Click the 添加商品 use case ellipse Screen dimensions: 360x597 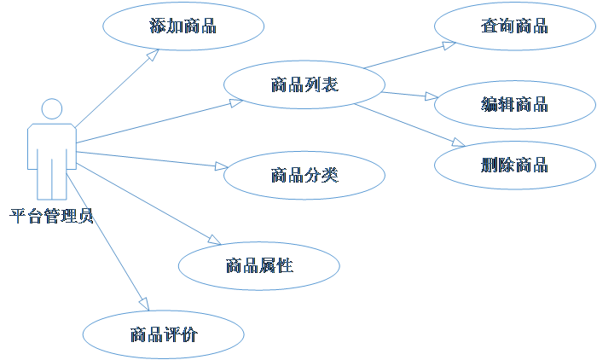click(182, 26)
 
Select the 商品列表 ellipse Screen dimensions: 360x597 click(304, 84)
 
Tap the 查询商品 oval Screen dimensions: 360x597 click(513, 26)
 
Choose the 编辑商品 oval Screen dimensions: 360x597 click(513, 105)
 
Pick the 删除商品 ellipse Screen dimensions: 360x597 click(513, 165)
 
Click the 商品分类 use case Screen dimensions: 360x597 click(304, 176)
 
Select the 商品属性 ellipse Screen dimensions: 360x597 click(258, 265)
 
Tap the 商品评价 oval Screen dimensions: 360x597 click(163, 334)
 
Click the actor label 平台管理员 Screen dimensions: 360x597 click(52, 216)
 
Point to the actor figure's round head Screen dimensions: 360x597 click(52, 109)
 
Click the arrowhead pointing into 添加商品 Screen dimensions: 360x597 click(154, 53)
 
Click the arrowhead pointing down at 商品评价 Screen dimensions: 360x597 click(144, 305)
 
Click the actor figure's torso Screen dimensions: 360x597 click(51, 149)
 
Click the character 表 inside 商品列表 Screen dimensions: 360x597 click(330, 84)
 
